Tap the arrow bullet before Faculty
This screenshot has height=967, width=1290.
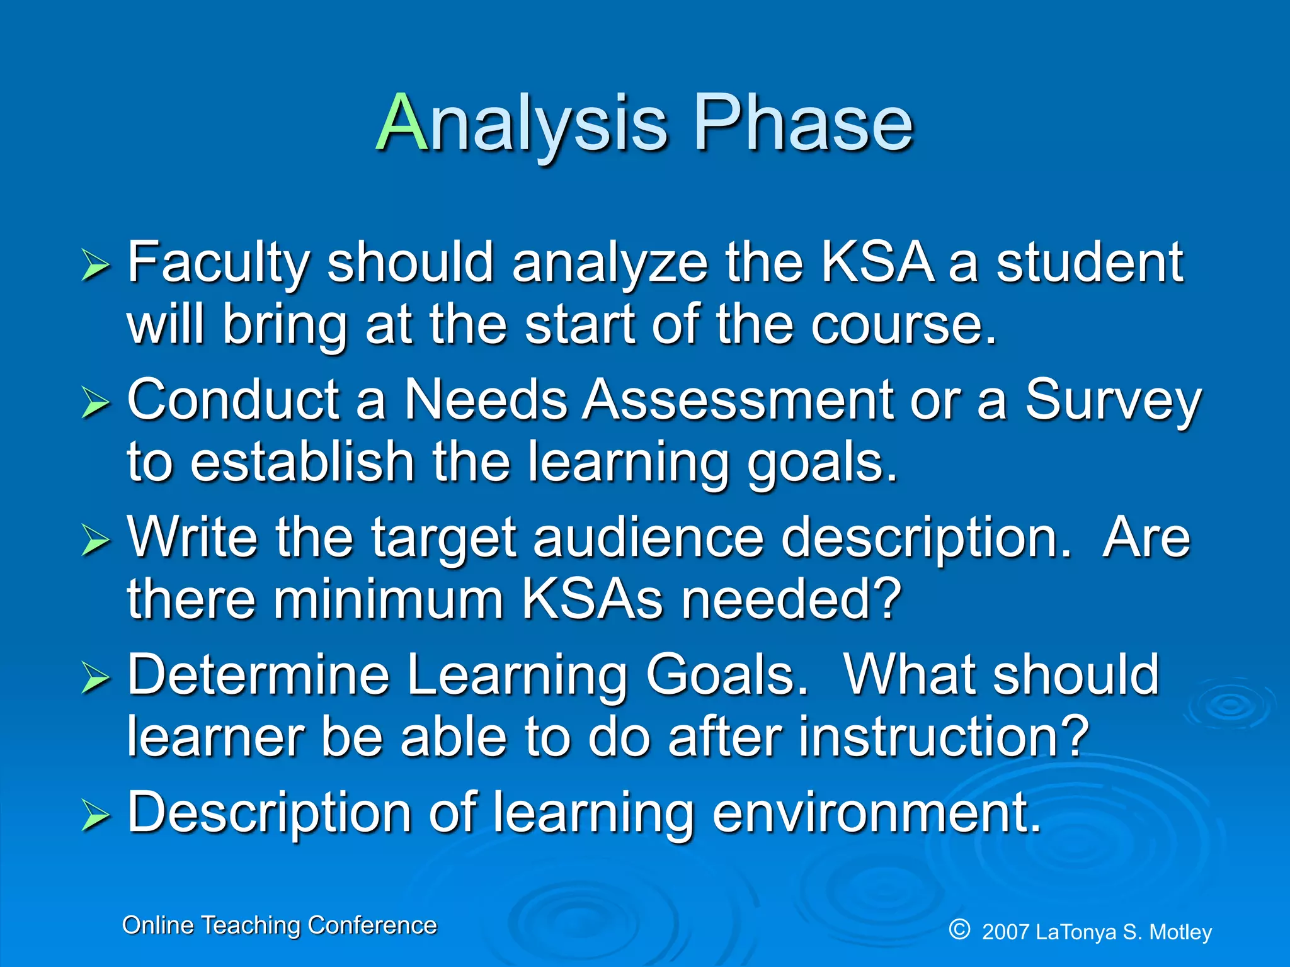96,265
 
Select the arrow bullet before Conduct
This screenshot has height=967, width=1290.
96,402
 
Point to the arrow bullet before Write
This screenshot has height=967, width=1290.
96,540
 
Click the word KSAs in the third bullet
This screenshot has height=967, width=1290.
592,599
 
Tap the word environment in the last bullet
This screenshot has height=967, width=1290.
876,812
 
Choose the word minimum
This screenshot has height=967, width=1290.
387,599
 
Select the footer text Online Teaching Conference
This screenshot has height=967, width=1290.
279,925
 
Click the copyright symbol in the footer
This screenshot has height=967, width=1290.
959,929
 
